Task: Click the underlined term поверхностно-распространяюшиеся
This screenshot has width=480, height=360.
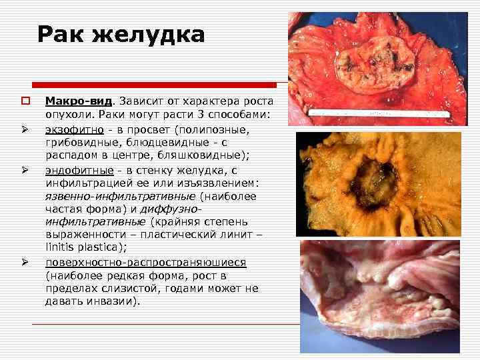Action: (x=145, y=263)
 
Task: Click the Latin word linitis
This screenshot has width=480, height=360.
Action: (x=61, y=248)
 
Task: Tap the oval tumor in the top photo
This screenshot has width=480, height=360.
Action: (x=369, y=63)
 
